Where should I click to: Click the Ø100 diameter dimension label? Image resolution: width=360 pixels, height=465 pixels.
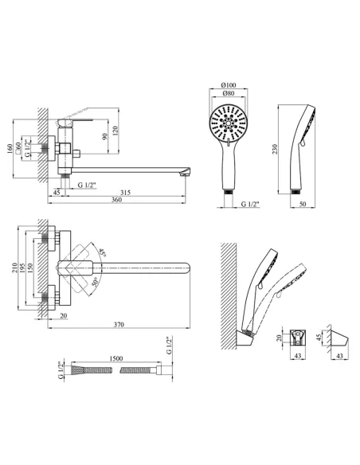[x=229, y=85]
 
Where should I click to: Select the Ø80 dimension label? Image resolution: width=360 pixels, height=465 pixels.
[x=229, y=93]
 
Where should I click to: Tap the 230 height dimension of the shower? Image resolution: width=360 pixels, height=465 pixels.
[x=275, y=149]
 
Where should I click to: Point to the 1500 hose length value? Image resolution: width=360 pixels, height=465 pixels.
[x=116, y=358]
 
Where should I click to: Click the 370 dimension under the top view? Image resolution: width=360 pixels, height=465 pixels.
[x=119, y=324]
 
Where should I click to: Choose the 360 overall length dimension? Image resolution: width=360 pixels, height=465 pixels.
[x=116, y=200]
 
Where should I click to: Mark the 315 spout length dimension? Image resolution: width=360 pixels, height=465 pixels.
[x=125, y=193]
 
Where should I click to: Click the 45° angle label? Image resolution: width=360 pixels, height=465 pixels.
[x=103, y=252]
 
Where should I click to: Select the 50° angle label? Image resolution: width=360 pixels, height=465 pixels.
[x=95, y=281]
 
